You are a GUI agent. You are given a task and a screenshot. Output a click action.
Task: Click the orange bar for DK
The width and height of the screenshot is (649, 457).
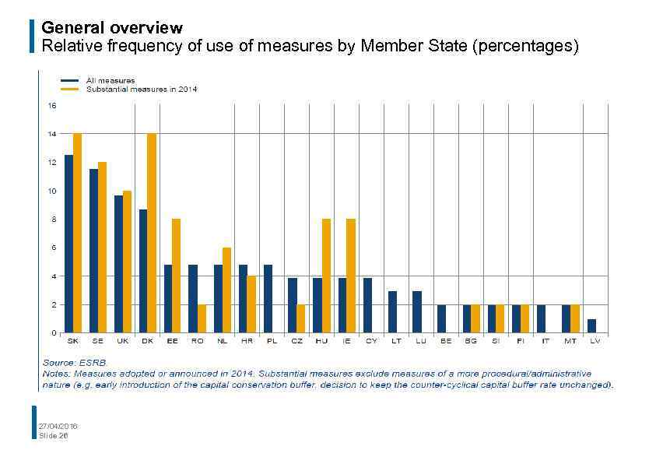tap(152, 234)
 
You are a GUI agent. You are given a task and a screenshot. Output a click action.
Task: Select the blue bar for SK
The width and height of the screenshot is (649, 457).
tap(68, 244)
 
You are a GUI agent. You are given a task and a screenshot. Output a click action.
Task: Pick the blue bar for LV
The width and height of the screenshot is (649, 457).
tap(591, 325)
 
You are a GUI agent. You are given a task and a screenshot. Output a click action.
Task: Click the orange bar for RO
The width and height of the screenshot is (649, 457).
tap(202, 318)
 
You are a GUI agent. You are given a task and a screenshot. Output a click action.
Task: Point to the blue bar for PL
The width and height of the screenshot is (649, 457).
tap(268, 299)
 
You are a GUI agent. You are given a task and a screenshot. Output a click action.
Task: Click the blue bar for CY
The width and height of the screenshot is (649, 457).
tap(367, 305)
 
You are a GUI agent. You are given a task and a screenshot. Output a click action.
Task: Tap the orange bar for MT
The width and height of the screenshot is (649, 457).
tap(575, 318)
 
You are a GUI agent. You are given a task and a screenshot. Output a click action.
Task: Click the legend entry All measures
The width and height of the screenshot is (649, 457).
tap(110, 80)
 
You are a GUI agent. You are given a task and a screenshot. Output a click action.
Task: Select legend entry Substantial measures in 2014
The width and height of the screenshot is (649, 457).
tap(140, 90)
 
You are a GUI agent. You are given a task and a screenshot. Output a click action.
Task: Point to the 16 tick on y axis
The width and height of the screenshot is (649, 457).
tap(52, 105)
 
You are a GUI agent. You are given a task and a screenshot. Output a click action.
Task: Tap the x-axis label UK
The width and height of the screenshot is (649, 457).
tap(122, 341)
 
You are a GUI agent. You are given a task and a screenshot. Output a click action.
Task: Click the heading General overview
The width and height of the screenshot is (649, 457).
tap(111, 29)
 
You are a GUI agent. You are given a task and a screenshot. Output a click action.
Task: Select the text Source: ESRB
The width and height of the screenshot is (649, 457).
tap(73, 363)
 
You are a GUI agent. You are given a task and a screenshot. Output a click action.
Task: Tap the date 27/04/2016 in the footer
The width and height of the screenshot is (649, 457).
tap(58, 426)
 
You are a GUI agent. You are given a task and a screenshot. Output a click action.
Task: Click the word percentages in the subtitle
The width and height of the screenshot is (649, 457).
tap(524, 46)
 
